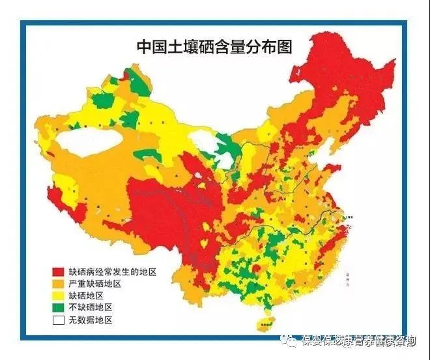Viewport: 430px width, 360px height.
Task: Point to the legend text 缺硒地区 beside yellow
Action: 86,295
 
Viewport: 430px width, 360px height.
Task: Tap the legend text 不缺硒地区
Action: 90,307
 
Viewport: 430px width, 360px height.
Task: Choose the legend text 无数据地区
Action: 90,320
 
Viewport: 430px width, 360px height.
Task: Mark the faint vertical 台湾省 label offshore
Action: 352,280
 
